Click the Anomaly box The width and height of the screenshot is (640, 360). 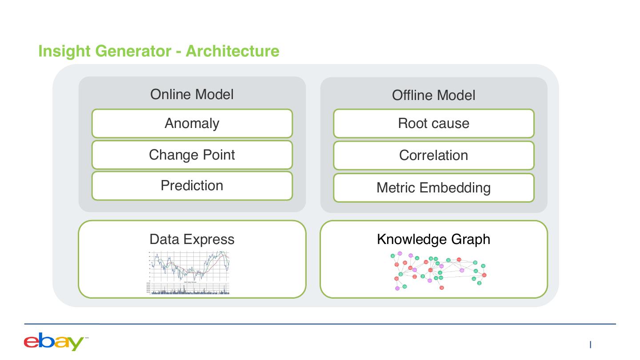tap(192, 123)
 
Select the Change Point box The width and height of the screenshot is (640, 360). tap(192, 155)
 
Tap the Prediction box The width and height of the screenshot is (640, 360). tap(192, 185)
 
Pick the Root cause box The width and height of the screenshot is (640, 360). tap(433, 123)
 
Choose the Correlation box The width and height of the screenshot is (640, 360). tap(433, 155)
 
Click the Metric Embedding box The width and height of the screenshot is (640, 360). tap(433, 188)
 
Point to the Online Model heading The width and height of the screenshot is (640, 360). tap(192, 94)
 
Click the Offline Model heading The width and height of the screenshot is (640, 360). tap(433, 95)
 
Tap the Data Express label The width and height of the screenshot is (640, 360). tap(192, 239)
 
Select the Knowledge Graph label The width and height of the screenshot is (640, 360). tap(433, 239)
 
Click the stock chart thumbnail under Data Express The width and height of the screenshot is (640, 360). tap(189, 272)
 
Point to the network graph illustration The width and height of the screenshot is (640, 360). tap(438, 271)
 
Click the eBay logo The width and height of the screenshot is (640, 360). tap(54, 341)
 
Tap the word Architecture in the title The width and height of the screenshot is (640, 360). tap(232, 51)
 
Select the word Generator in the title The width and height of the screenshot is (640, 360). tap(133, 51)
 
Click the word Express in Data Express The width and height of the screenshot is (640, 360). tap(211, 239)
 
